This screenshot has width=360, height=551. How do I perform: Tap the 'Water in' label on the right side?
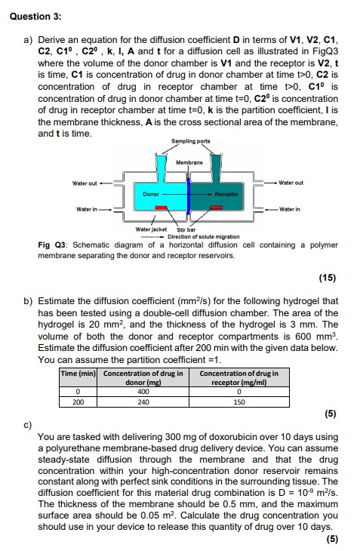click(291, 209)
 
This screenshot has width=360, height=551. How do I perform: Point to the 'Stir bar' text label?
click(186, 229)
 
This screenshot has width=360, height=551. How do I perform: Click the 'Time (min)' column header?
click(77, 374)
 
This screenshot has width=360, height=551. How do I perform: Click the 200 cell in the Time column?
click(77, 402)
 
